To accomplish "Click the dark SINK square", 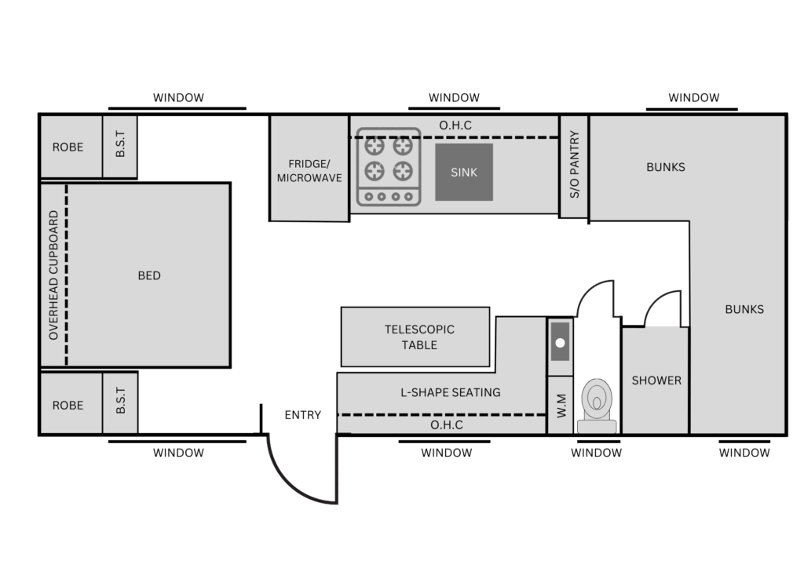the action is [x=464, y=172].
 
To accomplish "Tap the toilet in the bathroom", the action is [x=597, y=406].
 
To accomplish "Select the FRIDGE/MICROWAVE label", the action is [x=309, y=170].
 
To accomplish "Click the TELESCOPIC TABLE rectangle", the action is [x=415, y=337].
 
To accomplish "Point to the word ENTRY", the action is [x=302, y=415].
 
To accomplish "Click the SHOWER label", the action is [x=656, y=380].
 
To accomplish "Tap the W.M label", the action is [x=561, y=406].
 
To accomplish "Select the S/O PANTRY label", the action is [x=574, y=165].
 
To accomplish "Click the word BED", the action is [x=149, y=275].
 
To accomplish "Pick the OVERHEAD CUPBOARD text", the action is [x=53, y=275].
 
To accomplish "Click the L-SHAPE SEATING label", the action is [x=450, y=392].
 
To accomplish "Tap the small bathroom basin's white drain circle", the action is [x=560, y=343].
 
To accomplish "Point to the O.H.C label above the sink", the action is [x=455, y=126].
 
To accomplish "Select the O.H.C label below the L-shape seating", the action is [x=447, y=425].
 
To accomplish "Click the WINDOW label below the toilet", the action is [x=597, y=453].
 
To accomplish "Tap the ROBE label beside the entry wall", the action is [x=68, y=405].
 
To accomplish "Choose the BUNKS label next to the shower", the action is [x=744, y=309].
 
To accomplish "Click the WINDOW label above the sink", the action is [x=455, y=97].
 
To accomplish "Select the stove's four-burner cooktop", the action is [x=389, y=167].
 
